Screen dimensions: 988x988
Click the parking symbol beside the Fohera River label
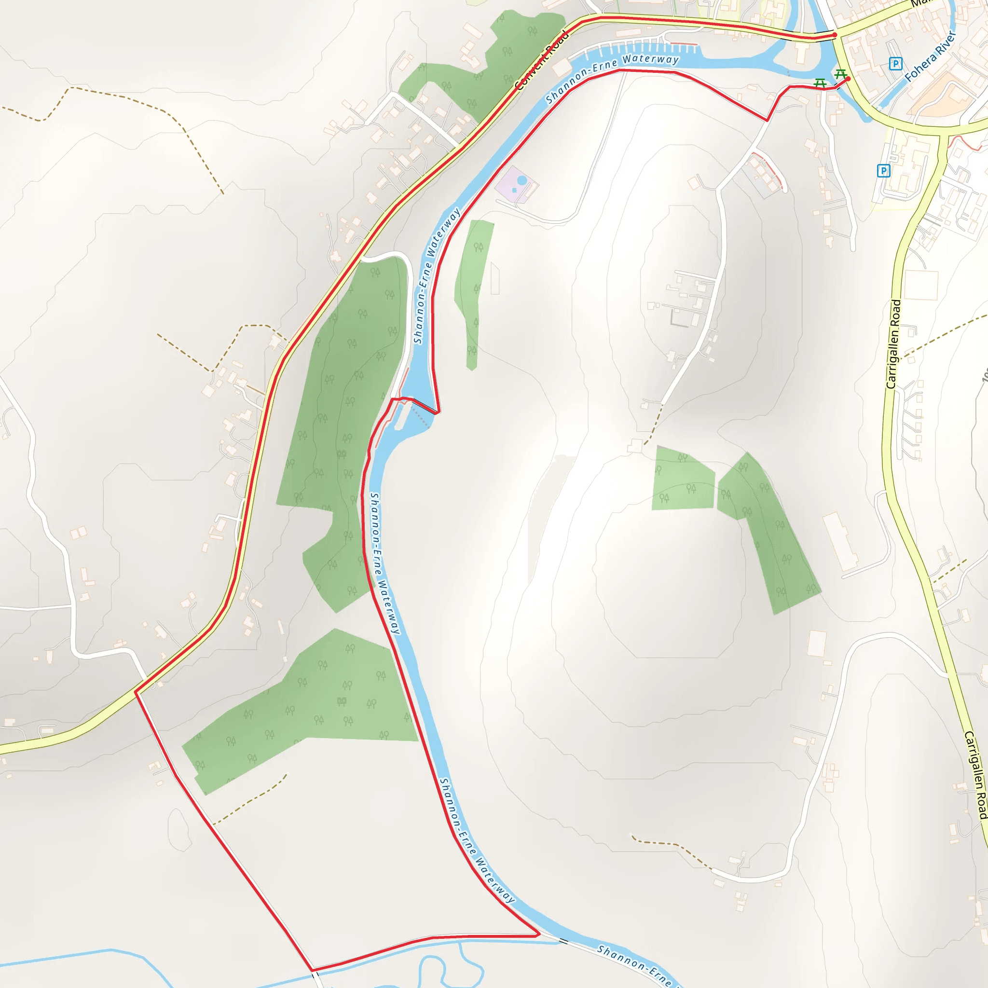[895, 64]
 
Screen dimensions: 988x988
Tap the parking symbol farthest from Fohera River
[883, 170]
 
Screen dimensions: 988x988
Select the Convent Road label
[542, 60]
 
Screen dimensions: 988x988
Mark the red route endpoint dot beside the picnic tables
[848, 79]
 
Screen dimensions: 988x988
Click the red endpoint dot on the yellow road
[835, 35]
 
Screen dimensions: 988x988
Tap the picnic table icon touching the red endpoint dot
[840, 74]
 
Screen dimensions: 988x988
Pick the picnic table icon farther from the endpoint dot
[820, 82]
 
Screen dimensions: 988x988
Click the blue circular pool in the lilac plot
[521, 180]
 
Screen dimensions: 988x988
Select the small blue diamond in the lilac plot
[514, 190]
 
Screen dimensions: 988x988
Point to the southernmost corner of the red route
[312, 970]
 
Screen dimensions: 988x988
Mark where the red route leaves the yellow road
[136, 692]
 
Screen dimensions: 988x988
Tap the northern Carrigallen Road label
[893, 344]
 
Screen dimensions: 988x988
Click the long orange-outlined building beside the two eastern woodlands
[840, 542]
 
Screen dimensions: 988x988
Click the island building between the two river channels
[801, 52]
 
